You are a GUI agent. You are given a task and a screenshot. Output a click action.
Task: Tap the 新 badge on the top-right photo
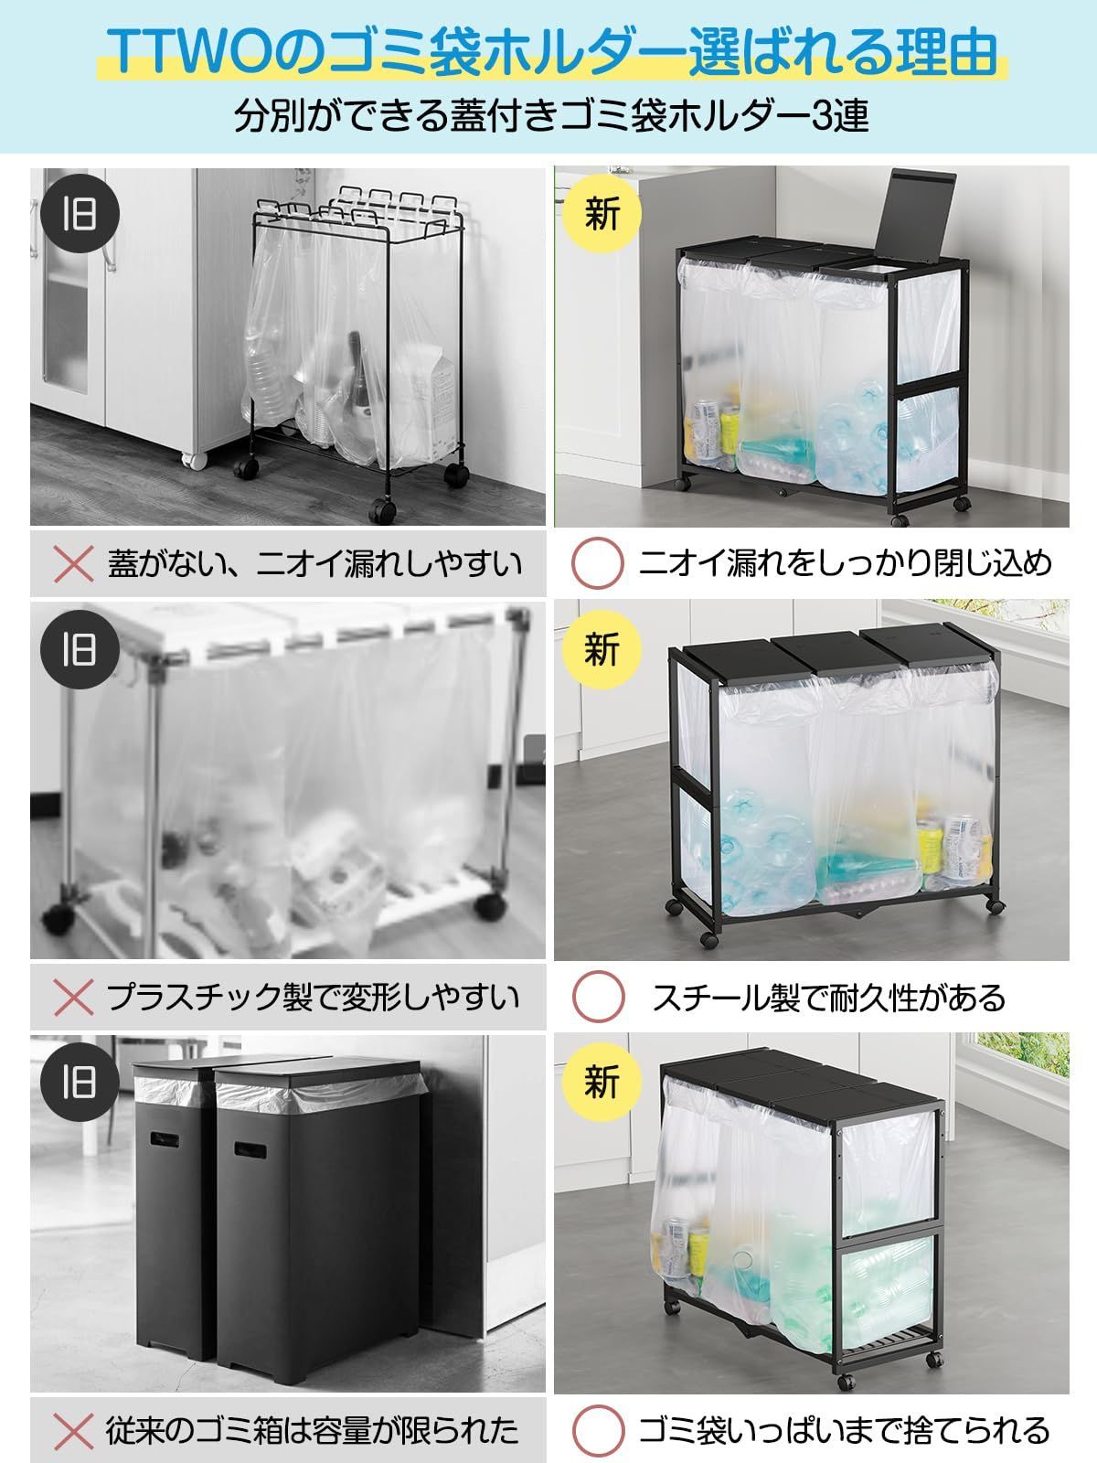[x=602, y=214]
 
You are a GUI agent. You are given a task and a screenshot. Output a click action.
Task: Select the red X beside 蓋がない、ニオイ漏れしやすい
[x=74, y=563]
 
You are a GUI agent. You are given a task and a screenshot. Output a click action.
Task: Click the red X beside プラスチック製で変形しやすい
[x=74, y=998]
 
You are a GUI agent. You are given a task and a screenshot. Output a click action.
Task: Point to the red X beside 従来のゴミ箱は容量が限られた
[x=74, y=1430]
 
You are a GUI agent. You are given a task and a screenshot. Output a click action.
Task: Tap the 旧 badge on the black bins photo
[x=80, y=1082]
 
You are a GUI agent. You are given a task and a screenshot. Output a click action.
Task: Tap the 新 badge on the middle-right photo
[x=602, y=649]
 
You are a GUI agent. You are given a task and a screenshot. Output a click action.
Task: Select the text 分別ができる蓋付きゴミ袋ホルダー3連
[x=550, y=118]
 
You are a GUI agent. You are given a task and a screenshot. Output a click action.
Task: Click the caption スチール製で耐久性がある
[x=828, y=998]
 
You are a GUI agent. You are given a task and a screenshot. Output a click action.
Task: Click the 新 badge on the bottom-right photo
[x=602, y=1082]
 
